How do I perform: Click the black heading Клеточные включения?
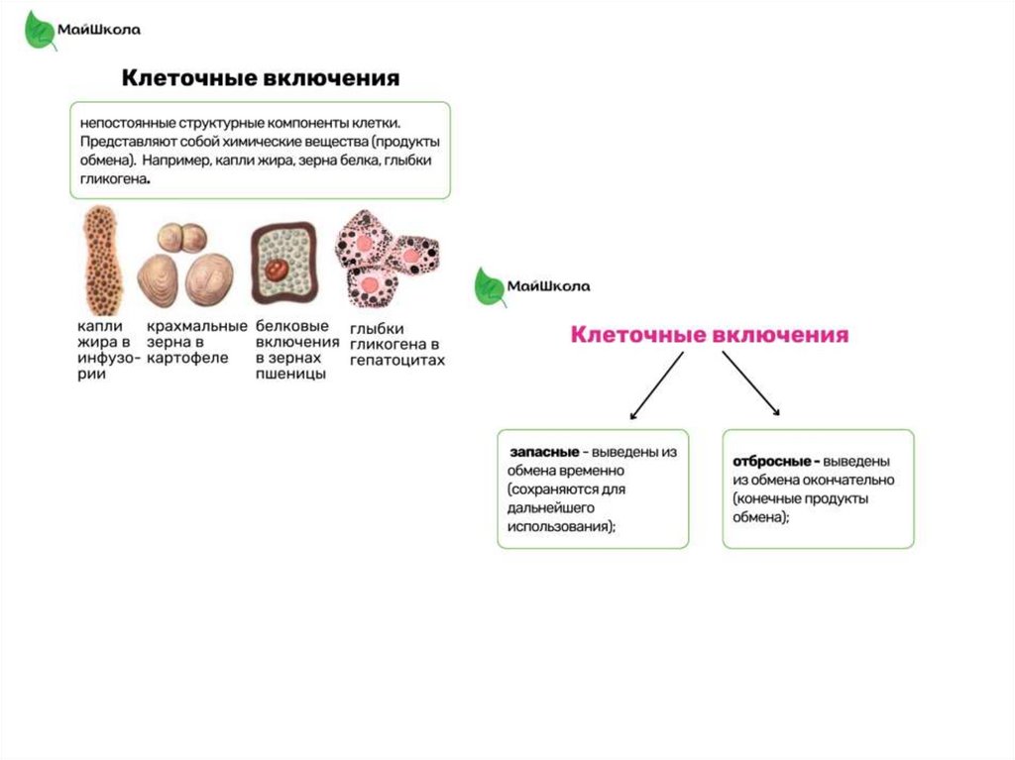tap(261, 77)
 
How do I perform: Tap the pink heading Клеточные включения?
tap(709, 335)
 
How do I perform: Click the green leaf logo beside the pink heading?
tap(489, 286)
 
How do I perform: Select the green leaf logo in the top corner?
tap(40, 30)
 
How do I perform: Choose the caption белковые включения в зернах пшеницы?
tap(291, 349)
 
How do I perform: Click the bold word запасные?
tap(543, 452)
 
